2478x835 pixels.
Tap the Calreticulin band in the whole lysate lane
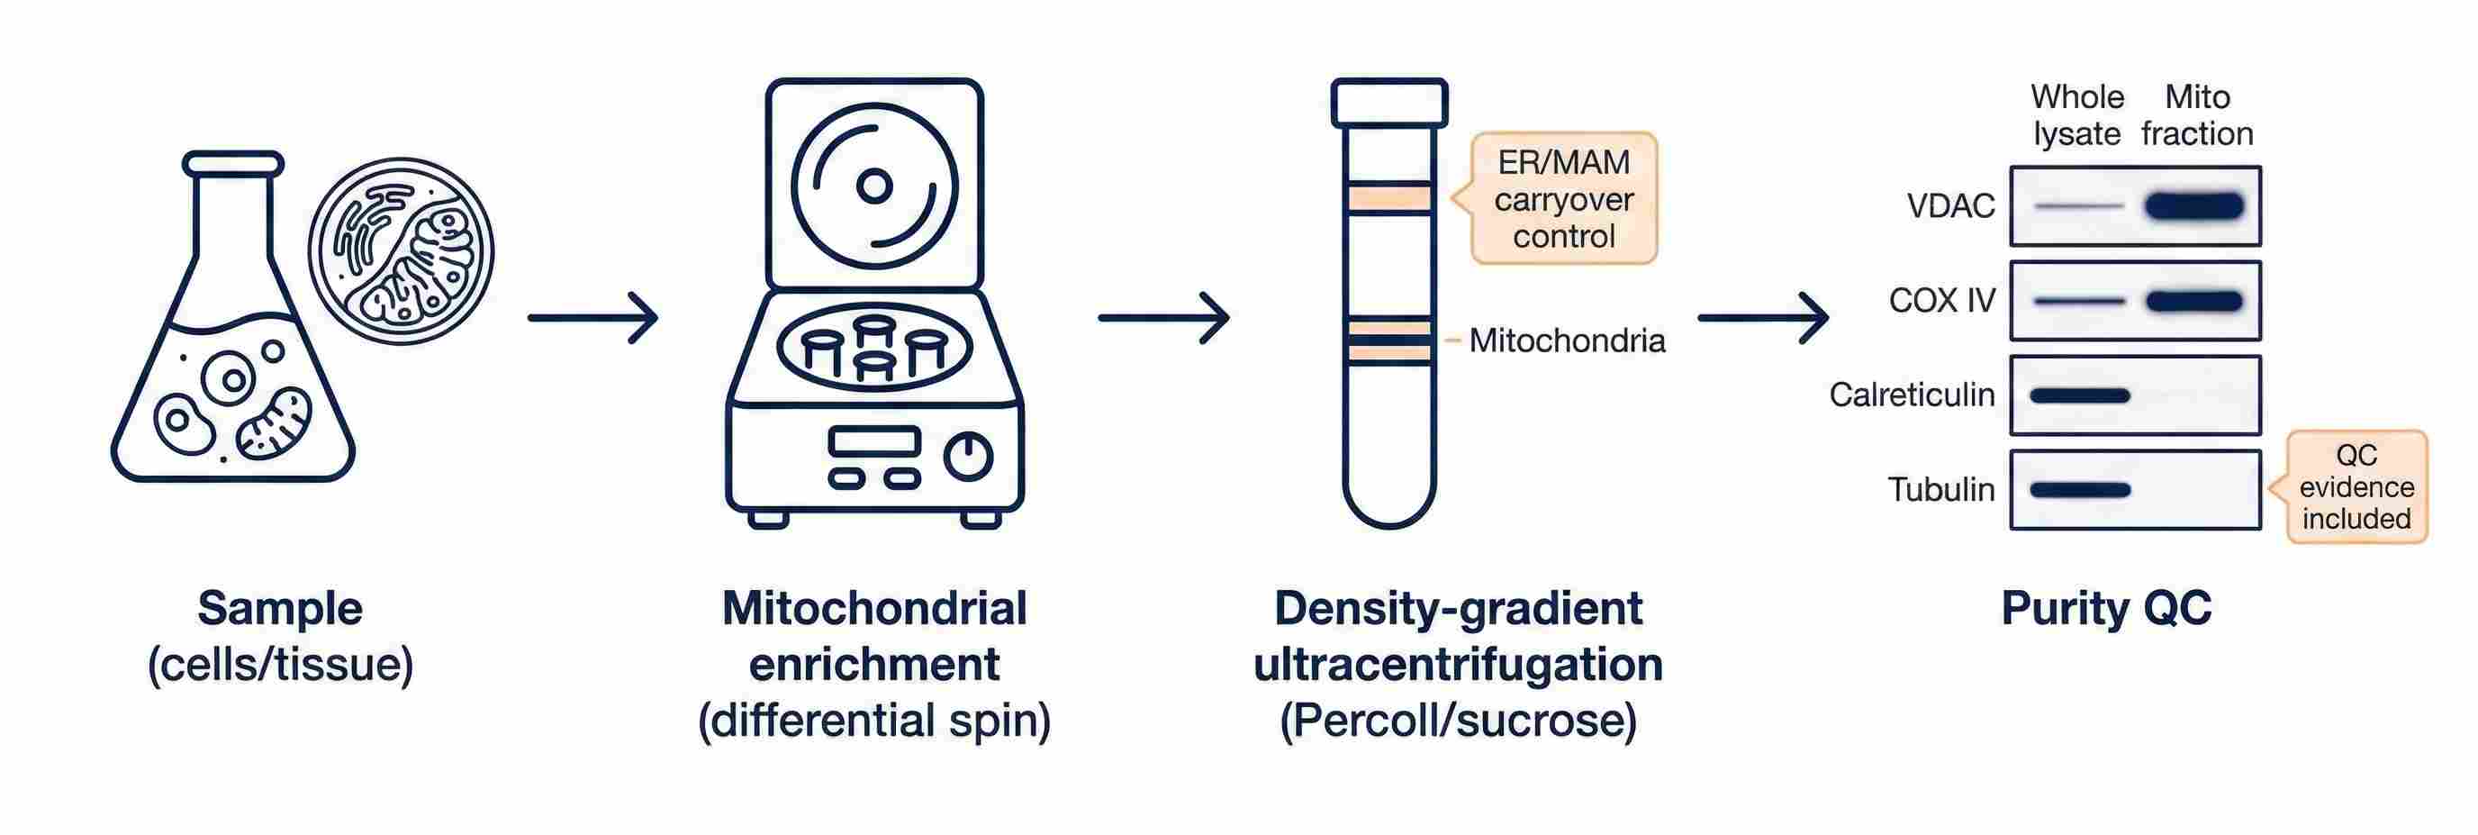[2080, 395]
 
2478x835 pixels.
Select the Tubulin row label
[1940, 490]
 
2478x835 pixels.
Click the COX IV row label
[1941, 301]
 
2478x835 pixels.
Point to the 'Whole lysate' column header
[2077, 115]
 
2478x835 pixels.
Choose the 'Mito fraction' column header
[2196, 115]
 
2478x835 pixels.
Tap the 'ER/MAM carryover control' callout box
[1563, 199]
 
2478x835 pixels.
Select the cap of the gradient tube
[1389, 103]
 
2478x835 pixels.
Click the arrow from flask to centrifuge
[592, 317]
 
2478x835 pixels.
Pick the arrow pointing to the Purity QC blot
[1762, 317]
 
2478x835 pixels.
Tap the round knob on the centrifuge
[968, 456]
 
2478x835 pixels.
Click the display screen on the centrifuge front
[873, 441]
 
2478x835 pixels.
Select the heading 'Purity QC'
[2106, 609]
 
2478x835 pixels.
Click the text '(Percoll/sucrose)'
[1458, 720]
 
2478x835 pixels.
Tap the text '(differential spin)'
[873, 720]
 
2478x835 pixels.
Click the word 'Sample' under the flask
[280, 609]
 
